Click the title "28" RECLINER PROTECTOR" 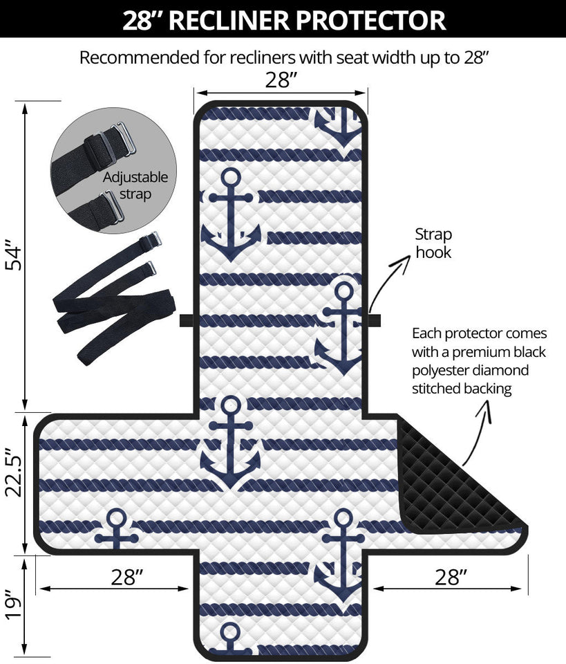(283, 19)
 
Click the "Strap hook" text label (433, 243)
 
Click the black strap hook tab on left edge (187, 320)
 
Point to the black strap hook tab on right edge (374, 320)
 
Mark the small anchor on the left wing (116, 530)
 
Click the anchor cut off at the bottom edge (230, 639)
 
